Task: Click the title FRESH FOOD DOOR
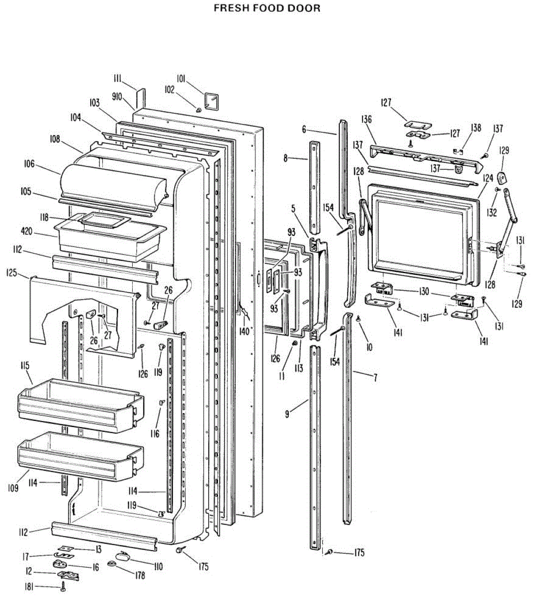(x=267, y=8)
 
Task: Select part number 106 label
(x=29, y=163)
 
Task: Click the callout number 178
(x=140, y=575)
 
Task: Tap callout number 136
(x=366, y=119)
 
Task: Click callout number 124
(x=488, y=177)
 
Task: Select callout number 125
(x=12, y=273)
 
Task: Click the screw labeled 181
(x=63, y=588)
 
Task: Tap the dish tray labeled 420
(x=110, y=237)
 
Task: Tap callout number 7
(x=375, y=377)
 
